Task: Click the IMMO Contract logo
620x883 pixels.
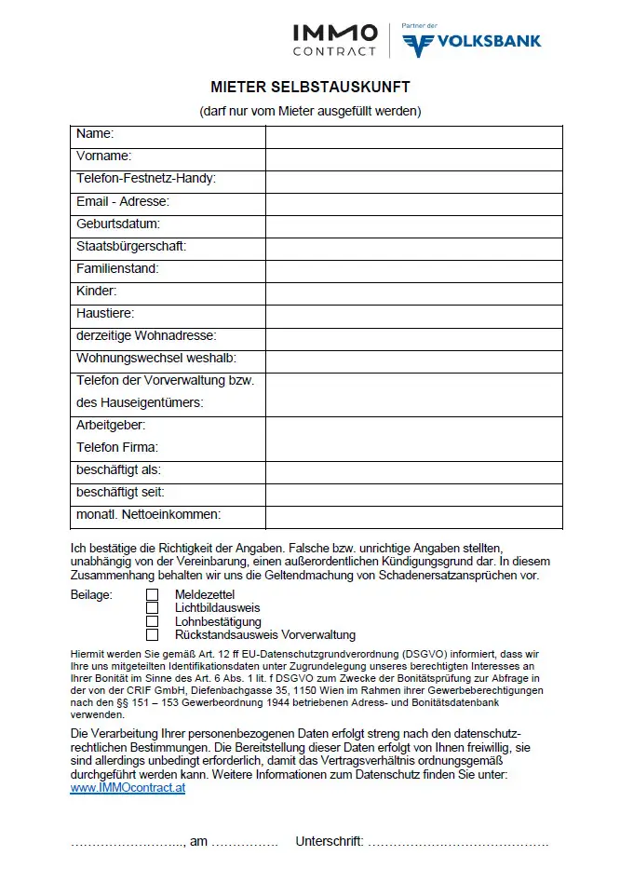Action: click(335, 40)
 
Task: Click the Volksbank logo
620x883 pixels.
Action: click(471, 40)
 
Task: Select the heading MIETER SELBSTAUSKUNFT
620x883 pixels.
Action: click(310, 88)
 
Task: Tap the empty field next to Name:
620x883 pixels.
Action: click(413, 135)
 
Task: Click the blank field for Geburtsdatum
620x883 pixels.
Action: click(413, 224)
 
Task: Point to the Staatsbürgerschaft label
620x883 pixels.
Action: click(131, 247)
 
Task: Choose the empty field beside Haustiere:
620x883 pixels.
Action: click(413, 315)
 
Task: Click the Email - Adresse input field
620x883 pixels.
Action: click(413, 202)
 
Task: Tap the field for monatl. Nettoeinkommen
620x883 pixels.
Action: click(413, 516)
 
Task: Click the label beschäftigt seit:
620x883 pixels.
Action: click(120, 492)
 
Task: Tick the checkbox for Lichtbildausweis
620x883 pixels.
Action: click(153, 607)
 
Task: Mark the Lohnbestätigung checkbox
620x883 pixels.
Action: click(153, 621)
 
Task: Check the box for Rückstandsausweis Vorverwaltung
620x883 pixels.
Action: click(153, 635)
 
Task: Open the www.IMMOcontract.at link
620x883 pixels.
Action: click(128, 788)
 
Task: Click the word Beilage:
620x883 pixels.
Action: click(91, 594)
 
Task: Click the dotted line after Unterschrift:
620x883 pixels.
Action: click(457, 843)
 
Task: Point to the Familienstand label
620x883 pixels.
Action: click(117, 269)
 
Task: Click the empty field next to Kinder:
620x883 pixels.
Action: click(413, 292)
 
